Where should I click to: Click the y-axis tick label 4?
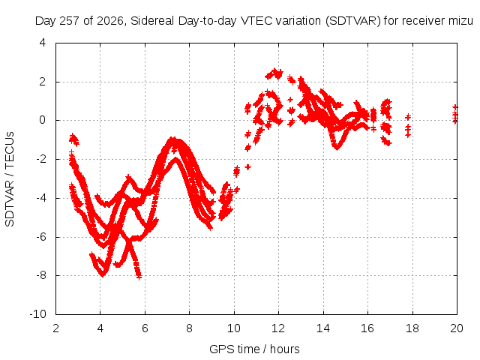coord(43,43)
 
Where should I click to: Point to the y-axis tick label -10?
coord(37,313)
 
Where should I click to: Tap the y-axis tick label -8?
coord(40,275)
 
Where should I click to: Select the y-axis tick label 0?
coord(42,120)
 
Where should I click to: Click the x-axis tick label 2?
coord(55,328)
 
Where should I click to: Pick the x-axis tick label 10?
coord(234,328)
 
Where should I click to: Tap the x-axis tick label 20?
coord(457,328)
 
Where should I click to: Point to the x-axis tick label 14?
coord(323,328)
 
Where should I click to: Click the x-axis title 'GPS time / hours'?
coord(254,349)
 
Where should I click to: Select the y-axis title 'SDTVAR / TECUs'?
coord(10,179)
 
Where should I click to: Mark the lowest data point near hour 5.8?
coord(139,277)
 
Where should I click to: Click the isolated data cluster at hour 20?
coord(455,114)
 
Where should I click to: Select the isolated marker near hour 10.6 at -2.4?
coord(248,166)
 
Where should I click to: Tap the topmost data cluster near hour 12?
coord(274,74)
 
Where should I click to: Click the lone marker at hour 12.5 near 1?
coord(290,100)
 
